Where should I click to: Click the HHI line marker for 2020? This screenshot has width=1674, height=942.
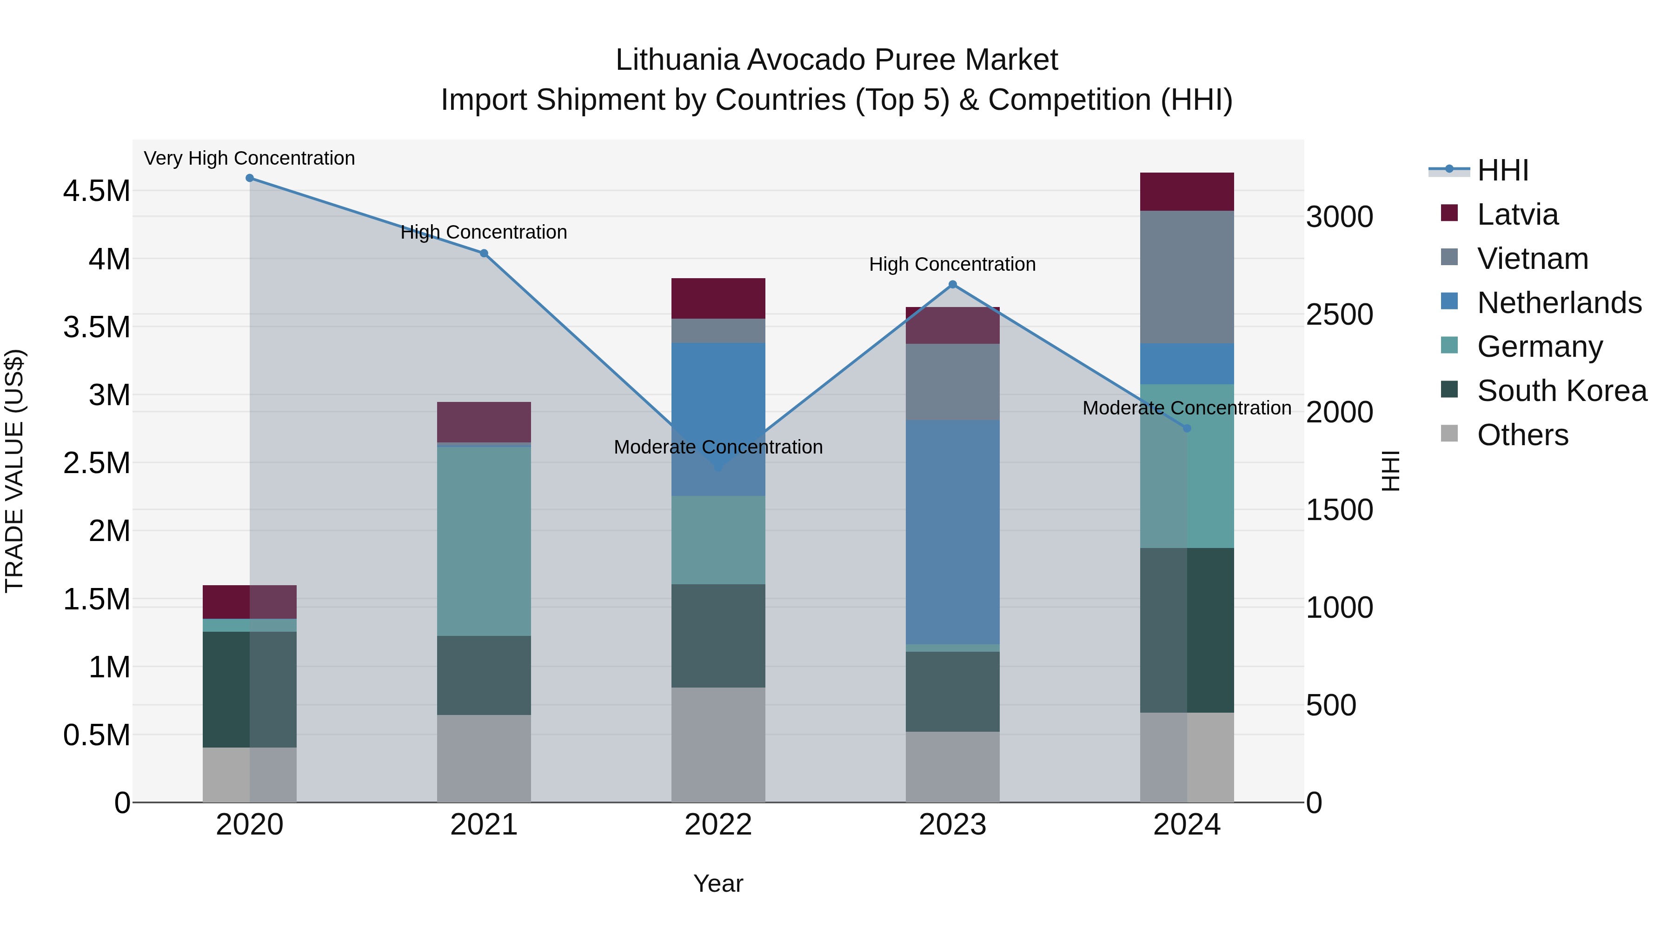(x=250, y=178)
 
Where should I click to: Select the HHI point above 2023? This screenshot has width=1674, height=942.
(x=953, y=285)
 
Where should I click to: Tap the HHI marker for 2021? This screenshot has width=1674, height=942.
(x=484, y=254)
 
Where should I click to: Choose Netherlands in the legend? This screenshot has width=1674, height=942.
(x=1559, y=303)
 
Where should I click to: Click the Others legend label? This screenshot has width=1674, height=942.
(x=1522, y=435)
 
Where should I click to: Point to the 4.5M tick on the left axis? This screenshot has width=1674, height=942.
(x=97, y=192)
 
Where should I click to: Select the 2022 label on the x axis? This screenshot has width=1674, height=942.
(x=718, y=825)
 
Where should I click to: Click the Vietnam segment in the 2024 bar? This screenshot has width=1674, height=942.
(x=1187, y=277)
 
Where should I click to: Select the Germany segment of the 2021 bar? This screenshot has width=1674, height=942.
(x=484, y=541)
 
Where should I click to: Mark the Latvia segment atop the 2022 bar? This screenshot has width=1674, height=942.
(x=718, y=298)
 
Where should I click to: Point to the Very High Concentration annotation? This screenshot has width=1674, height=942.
(x=250, y=159)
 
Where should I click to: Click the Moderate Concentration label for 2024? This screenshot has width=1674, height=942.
(x=1187, y=408)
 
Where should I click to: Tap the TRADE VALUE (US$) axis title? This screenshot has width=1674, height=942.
(x=15, y=471)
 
